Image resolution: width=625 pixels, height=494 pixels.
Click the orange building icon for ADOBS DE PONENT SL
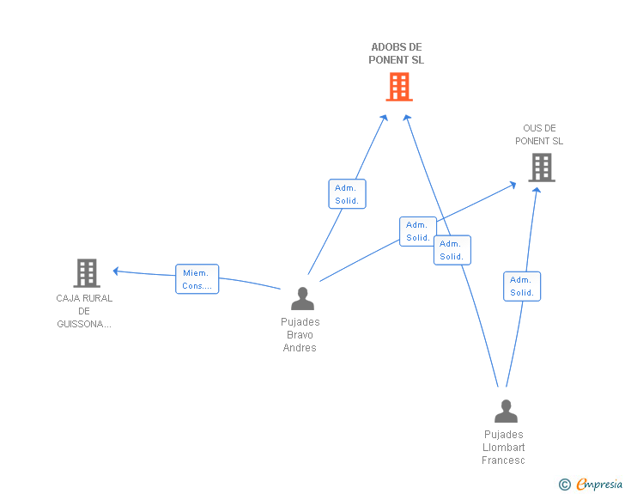398,87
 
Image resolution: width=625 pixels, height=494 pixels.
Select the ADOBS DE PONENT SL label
397,53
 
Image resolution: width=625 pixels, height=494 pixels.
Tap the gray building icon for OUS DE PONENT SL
541,168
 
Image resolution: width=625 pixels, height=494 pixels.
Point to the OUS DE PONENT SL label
539,135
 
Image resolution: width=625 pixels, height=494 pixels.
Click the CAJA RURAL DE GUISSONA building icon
87,273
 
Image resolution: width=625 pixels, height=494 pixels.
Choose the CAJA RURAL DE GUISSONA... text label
84,311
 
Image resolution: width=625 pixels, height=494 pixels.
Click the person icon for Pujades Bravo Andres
302,298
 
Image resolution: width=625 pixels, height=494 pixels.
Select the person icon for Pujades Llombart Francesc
506,411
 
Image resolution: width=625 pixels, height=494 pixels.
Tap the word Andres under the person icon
300,348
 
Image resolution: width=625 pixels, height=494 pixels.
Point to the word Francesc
503,460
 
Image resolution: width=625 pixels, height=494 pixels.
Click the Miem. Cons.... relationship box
197,279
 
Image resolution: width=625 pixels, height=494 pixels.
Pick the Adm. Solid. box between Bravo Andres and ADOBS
348,194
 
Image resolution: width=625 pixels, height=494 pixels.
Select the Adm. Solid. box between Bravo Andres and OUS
418,231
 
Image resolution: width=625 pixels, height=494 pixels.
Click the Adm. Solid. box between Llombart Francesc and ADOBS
452,250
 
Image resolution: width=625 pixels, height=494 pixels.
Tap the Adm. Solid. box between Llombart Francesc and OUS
522,286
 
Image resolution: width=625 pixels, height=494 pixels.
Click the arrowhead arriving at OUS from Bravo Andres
513,183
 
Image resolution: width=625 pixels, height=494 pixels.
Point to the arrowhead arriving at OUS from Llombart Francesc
537,190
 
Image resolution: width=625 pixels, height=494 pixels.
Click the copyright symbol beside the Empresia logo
564,485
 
